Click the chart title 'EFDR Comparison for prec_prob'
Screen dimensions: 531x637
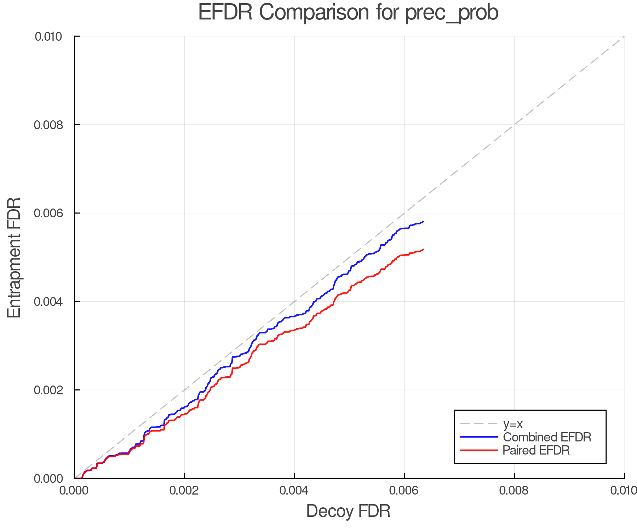point(348,12)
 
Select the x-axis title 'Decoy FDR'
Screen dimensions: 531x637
point(348,511)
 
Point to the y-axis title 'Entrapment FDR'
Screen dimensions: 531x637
point(14,257)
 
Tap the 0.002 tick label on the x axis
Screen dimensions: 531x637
point(184,490)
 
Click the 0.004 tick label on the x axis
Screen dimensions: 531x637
point(294,490)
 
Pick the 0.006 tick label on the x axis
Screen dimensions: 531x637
point(404,490)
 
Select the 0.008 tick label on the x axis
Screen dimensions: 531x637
point(514,490)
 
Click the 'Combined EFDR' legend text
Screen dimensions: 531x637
point(547,437)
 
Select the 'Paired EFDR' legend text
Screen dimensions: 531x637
point(536,450)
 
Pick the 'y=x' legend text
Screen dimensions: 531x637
point(513,424)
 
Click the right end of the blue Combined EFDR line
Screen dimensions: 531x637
point(423,222)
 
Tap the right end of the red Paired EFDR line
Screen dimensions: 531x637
point(423,249)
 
